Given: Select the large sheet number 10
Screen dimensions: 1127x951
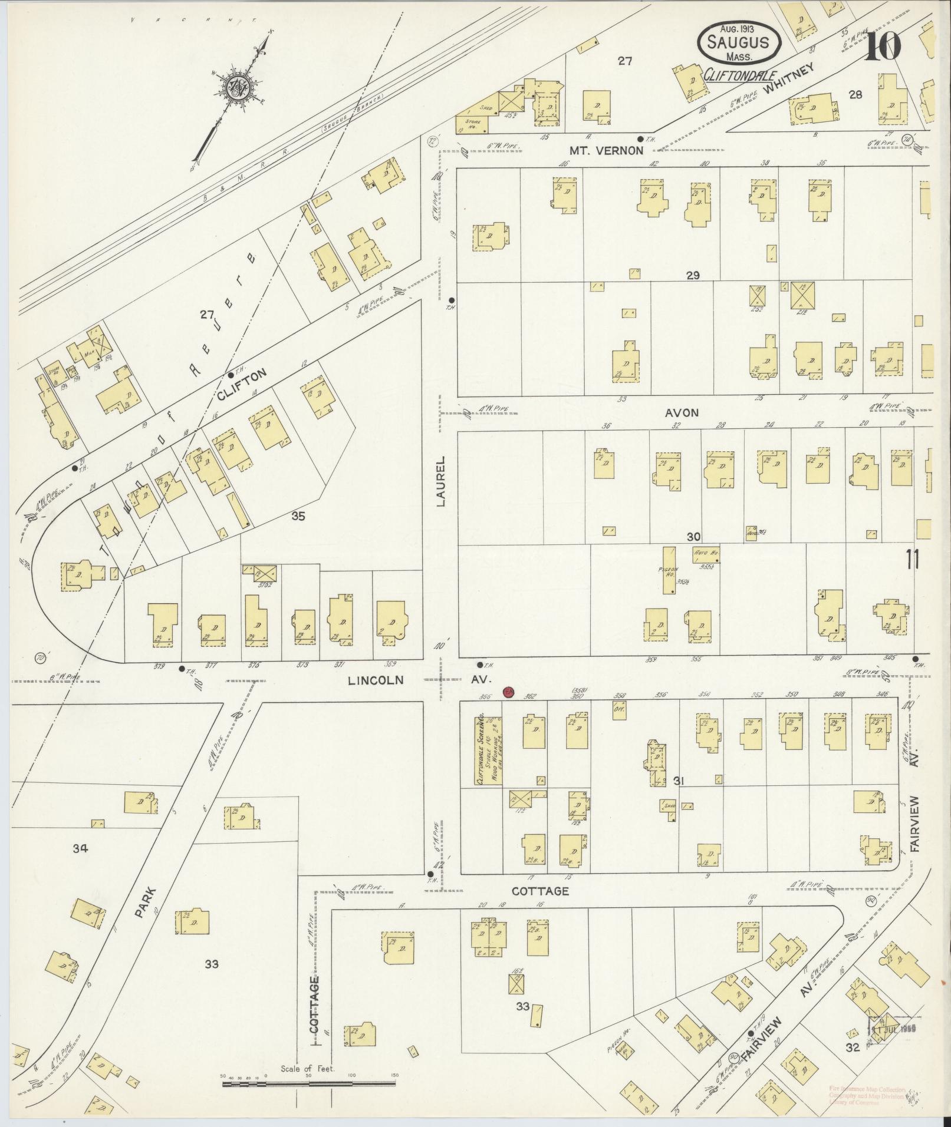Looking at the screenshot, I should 883,45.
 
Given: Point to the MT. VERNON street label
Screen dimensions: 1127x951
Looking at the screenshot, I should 614,150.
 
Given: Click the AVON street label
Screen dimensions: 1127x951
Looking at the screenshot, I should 682,412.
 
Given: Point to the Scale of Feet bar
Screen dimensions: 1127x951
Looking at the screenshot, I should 308,1083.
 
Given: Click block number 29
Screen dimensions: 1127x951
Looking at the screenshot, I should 692,275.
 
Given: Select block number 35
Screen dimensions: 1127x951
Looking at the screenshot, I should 298,517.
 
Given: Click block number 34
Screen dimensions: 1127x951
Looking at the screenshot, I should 80,848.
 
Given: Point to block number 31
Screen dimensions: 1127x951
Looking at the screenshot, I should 678,781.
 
